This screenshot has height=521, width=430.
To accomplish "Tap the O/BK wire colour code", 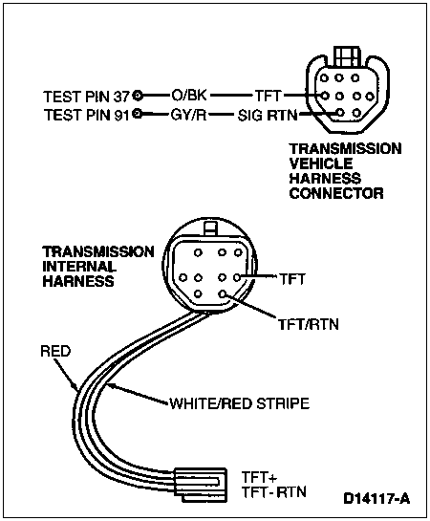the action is pos(189,96).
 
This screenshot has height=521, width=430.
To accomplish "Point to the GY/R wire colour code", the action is pos(188,116).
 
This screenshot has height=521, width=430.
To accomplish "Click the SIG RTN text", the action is pos(268,116).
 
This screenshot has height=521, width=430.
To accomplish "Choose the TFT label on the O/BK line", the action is pos(269,96).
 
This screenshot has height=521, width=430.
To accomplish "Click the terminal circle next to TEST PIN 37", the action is pos(138,96).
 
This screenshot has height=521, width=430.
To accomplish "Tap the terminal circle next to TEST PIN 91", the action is pos(138,115).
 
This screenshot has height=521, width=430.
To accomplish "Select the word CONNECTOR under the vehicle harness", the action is pos(336,193).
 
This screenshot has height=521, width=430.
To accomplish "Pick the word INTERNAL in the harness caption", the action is pos(79,266).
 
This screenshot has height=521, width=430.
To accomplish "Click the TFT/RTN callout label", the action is pos(309,324).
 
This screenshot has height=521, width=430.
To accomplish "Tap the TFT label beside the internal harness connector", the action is pos(292,279).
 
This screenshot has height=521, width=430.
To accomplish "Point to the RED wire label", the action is pos(55,351).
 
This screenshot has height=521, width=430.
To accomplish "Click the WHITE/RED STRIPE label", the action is pos(240,403).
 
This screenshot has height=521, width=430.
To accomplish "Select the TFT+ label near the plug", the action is pos(259,477).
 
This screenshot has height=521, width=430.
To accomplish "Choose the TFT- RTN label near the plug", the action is pos(274,492).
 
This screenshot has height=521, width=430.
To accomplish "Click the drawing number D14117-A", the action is pos(376,498).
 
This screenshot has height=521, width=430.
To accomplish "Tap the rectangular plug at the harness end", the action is pos(201,485).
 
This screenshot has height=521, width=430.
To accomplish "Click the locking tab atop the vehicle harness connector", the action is pos(347,56).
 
